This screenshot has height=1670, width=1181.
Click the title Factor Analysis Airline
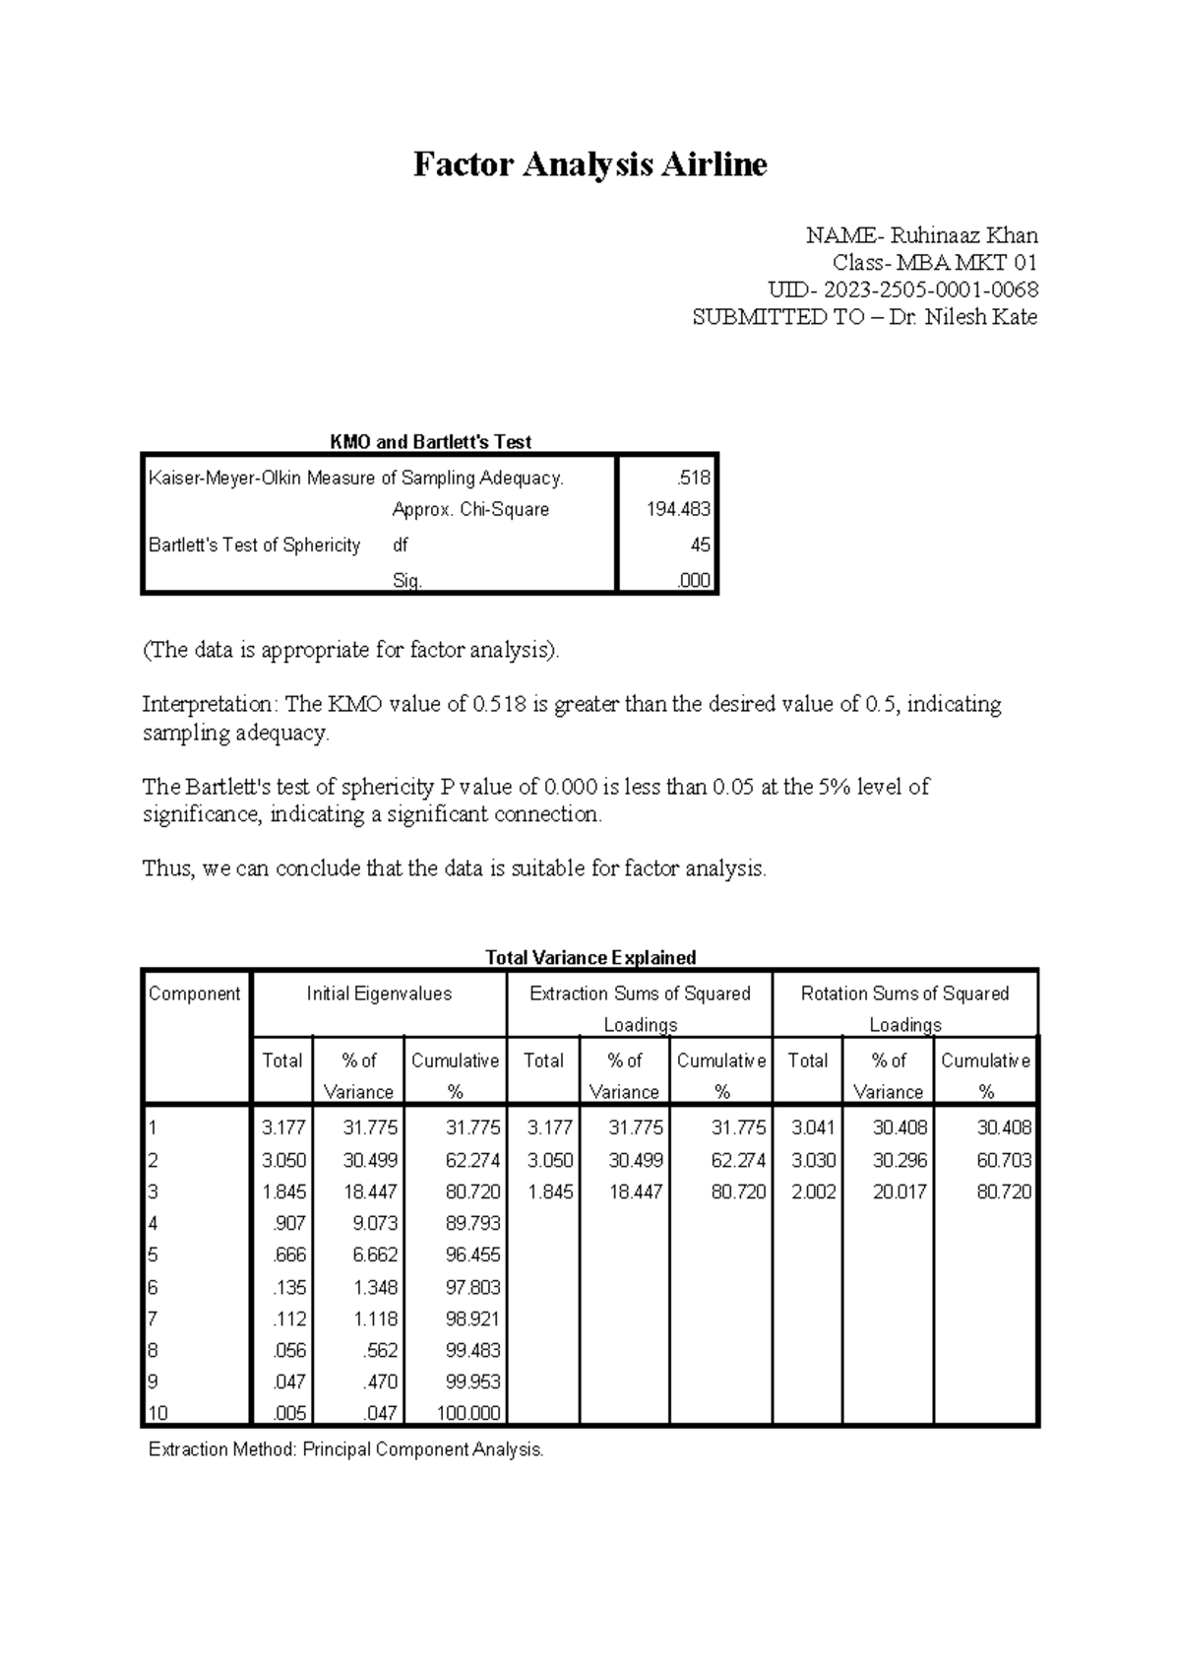(590, 164)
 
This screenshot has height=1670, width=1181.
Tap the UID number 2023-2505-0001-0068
(930, 289)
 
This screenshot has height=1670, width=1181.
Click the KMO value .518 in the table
(694, 479)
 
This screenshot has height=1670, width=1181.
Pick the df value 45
(700, 545)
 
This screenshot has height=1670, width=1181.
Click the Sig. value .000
(694, 581)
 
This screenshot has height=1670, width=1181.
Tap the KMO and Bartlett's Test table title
(430, 442)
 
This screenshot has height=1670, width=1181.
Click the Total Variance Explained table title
(590, 957)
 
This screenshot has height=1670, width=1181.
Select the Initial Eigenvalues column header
(379, 994)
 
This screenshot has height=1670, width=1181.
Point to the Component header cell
(194, 994)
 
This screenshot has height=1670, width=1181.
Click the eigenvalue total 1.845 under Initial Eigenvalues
(283, 1191)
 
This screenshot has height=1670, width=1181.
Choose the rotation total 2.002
(813, 1191)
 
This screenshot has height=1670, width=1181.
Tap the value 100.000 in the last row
(467, 1413)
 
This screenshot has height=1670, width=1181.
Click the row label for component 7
(153, 1318)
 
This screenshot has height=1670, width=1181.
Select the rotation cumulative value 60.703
(1003, 1160)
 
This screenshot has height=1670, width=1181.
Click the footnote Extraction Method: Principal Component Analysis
(345, 1449)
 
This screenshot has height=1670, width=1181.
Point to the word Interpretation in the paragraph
(210, 704)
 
